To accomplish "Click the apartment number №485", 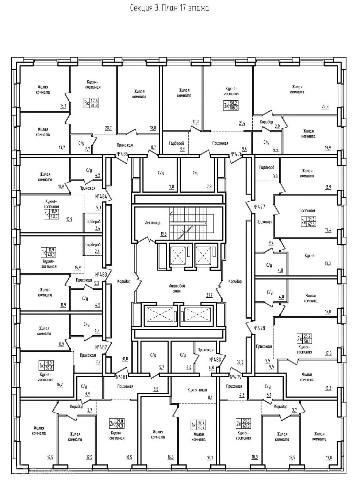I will (x=122, y=154).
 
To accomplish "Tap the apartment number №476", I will (x=236, y=154).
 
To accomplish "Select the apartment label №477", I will (x=259, y=206).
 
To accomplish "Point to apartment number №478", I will (x=259, y=328).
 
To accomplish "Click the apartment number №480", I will (x=215, y=358).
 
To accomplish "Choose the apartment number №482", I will (x=101, y=347).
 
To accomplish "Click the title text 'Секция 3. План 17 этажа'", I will (x=170, y=8).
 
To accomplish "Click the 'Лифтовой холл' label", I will (x=178, y=289).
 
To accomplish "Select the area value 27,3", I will (x=325, y=107).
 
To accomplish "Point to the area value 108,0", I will (x=234, y=108).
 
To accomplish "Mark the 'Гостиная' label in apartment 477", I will (x=307, y=210).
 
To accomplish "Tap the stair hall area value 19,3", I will (x=163, y=234).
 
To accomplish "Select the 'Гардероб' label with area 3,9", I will (x=176, y=143).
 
